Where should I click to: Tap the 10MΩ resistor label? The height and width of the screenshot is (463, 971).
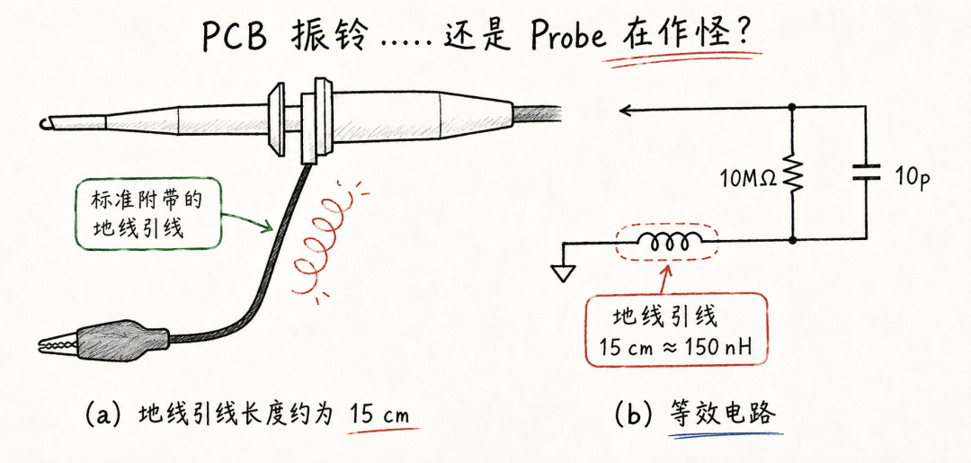[x=746, y=179]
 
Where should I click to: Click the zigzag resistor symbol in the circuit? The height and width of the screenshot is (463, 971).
[x=793, y=172]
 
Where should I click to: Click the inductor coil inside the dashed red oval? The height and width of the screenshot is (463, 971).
[x=668, y=242]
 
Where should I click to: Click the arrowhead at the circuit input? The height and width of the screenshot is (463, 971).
[x=626, y=111]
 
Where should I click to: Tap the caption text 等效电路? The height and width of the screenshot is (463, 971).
[x=723, y=414]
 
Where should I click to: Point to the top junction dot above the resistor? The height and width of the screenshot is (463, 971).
[x=792, y=108]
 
